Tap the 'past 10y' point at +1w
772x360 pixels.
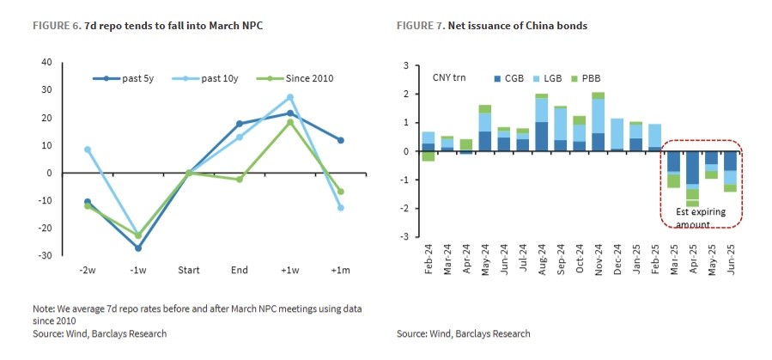tap(290, 97)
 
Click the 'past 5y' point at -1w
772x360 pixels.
tap(138, 247)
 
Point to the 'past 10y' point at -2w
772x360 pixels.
tap(88, 149)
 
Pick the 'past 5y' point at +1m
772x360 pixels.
tap(341, 140)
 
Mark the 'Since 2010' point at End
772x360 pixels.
tap(240, 179)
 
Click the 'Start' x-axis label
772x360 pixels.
tap(189, 270)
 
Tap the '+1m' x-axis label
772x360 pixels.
tap(341, 270)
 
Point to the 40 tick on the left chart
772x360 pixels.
tap(46, 63)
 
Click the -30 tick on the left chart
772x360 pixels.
tap(45, 255)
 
